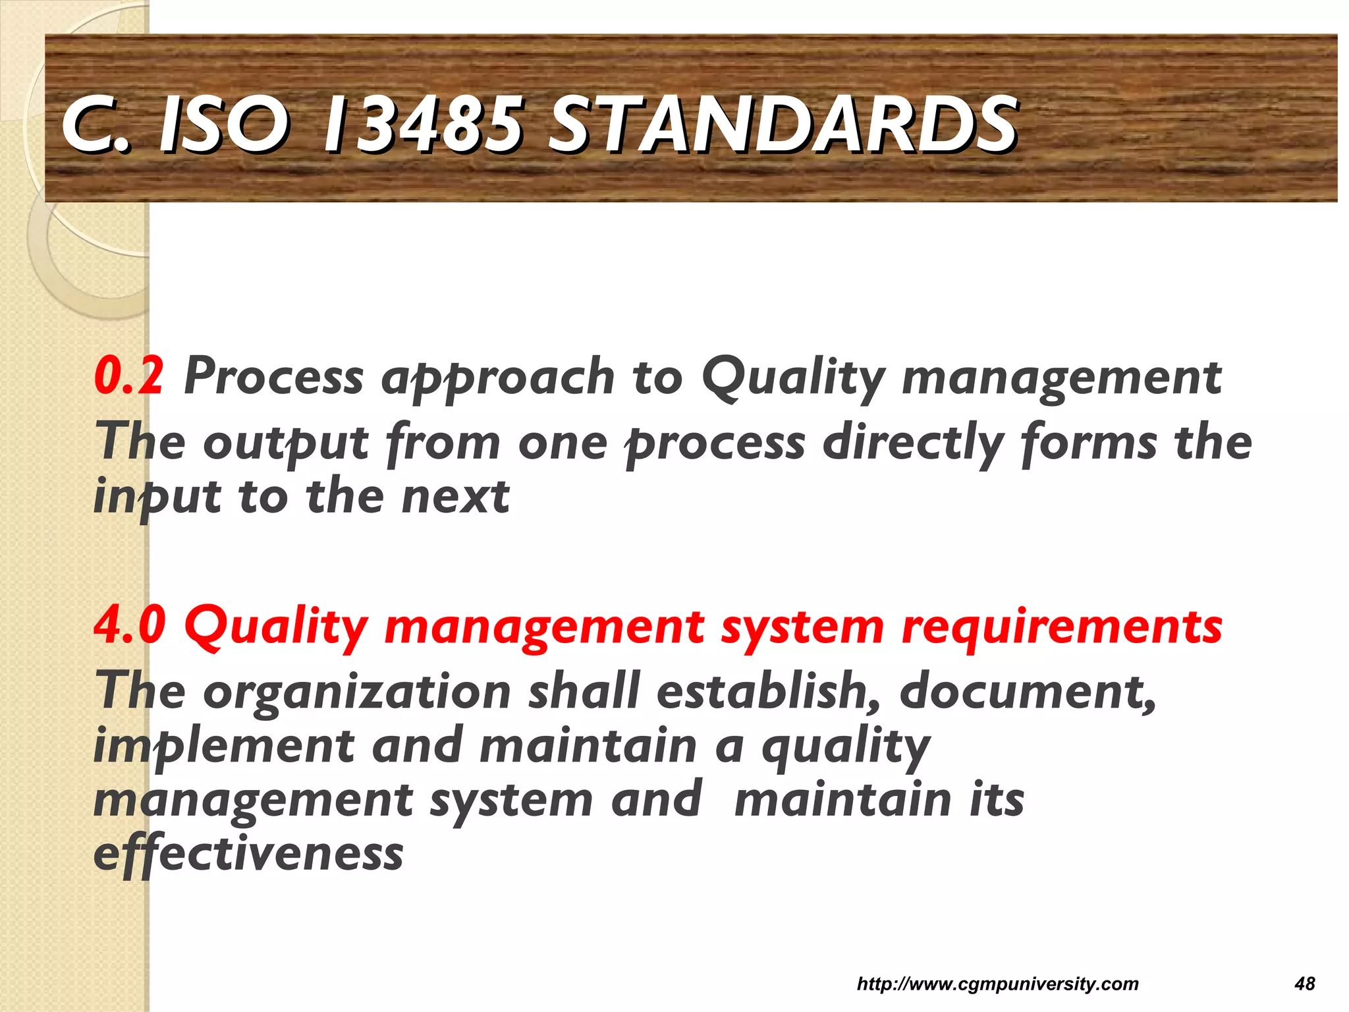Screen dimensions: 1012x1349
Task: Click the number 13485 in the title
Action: pos(422,124)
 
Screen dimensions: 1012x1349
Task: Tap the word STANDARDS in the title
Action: pos(783,124)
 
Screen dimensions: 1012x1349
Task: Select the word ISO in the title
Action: pos(224,124)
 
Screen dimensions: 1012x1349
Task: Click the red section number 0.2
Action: pos(129,376)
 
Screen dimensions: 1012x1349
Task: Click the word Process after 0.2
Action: pos(273,376)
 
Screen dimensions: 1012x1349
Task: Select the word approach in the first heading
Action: pos(498,379)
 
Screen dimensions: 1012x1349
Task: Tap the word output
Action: pos(286,443)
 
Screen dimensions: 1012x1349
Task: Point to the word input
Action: pos(157,497)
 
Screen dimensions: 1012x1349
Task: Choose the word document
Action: pos(1028,691)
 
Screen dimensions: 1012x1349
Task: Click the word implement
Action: pos(224,746)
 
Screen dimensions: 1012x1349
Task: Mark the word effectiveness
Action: pos(248,855)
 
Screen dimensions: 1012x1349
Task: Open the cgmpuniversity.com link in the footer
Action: pos(997,984)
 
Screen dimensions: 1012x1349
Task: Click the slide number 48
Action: pos(1304,984)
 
